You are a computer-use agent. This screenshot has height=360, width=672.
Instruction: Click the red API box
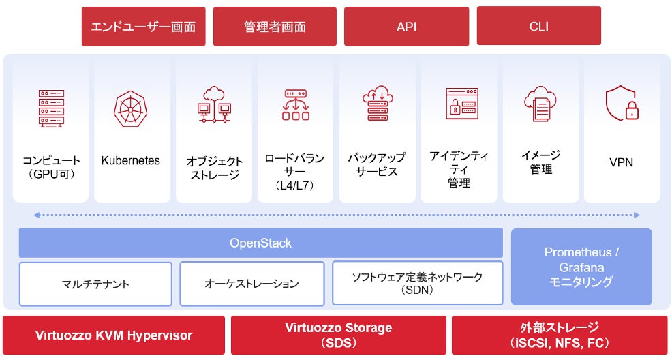(406, 26)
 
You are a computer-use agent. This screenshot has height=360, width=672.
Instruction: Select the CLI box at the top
(538, 26)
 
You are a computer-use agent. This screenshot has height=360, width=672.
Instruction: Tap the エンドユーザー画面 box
(144, 27)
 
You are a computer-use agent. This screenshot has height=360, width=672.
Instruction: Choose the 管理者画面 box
(275, 27)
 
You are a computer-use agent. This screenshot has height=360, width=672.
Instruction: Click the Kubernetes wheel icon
(130, 109)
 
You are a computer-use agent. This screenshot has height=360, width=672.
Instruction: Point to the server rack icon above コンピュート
(51, 108)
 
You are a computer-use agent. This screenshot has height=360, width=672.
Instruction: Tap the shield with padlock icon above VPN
(622, 103)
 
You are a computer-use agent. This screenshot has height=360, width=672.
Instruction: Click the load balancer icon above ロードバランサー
(296, 104)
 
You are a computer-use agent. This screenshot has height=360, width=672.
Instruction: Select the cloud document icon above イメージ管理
(540, 104)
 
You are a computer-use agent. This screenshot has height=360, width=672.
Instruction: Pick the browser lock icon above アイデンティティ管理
(462, 103)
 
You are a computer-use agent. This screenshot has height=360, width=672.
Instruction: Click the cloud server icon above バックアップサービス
(378, 103)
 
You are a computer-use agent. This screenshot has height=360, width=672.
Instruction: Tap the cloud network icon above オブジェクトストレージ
(214, 105)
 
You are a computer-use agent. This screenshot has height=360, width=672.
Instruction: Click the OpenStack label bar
(260, 243)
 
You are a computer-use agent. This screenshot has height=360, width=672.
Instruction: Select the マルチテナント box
(95, 284)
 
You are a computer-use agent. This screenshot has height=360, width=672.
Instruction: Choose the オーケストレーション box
(252, 284)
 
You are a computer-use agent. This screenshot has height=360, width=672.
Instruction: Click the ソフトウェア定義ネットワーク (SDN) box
(417, 283)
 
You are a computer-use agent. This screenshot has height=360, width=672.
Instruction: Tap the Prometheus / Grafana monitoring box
(581, 267)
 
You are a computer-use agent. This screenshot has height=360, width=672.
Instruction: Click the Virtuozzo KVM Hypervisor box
(114, 335)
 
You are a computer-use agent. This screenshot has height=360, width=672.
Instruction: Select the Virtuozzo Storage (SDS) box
(339, 335)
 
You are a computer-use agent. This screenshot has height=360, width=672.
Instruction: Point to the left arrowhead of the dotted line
(36, 215)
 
